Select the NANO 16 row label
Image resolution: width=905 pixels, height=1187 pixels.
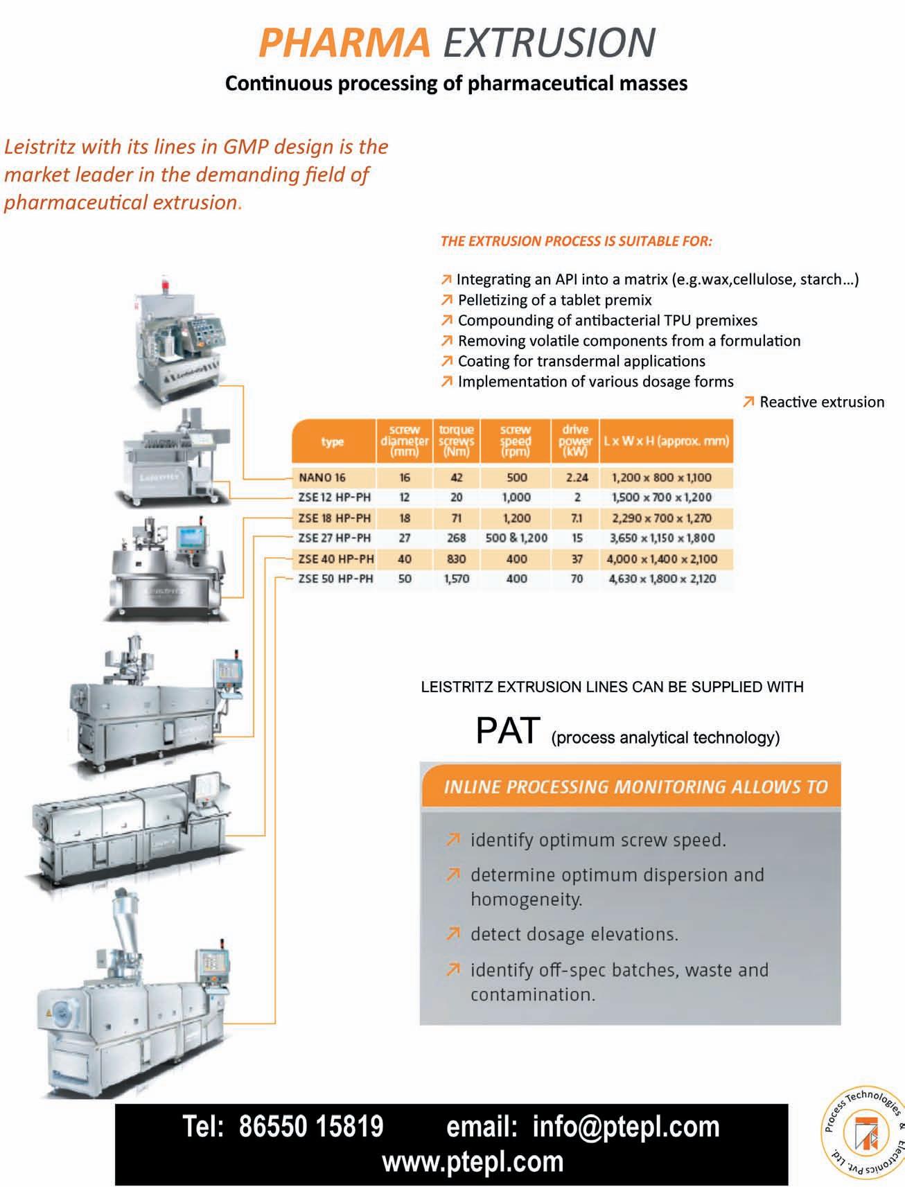[322, 477]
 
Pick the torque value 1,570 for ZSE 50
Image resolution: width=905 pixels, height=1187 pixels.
[456, 579]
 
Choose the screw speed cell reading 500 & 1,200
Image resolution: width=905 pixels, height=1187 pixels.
[516, 538]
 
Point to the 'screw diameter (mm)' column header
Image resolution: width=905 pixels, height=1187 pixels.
[405, 441]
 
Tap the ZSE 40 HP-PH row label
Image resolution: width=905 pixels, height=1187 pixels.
[335, 559]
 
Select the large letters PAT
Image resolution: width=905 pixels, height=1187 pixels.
[507, 730]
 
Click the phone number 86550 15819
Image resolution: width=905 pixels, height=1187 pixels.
[310, 1127]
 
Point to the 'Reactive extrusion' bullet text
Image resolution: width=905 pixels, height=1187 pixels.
[822, 402]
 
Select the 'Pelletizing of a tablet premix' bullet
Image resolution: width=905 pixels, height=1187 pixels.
[554, 300]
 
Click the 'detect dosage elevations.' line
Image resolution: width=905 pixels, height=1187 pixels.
[574, 934]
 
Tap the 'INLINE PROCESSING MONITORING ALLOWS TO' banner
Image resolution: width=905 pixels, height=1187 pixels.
[635, 786]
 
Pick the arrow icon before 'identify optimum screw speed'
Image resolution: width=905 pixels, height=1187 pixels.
[453, 840]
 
